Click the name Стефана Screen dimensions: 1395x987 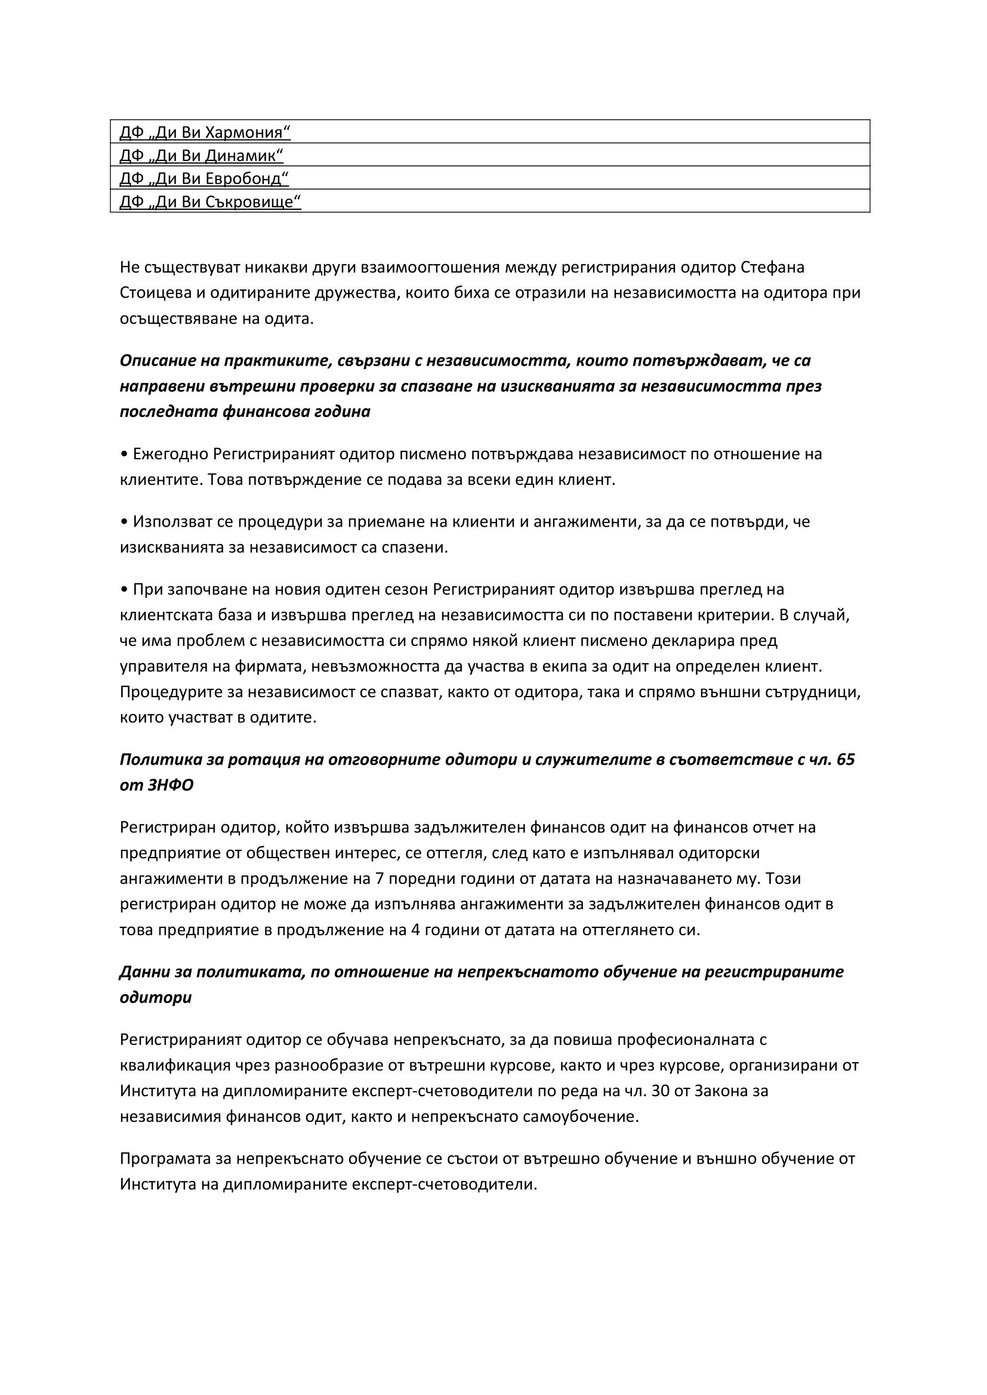coord(773,267)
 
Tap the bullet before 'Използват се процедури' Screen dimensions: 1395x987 coord(124,522)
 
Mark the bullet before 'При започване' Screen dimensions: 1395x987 coord(124,589)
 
